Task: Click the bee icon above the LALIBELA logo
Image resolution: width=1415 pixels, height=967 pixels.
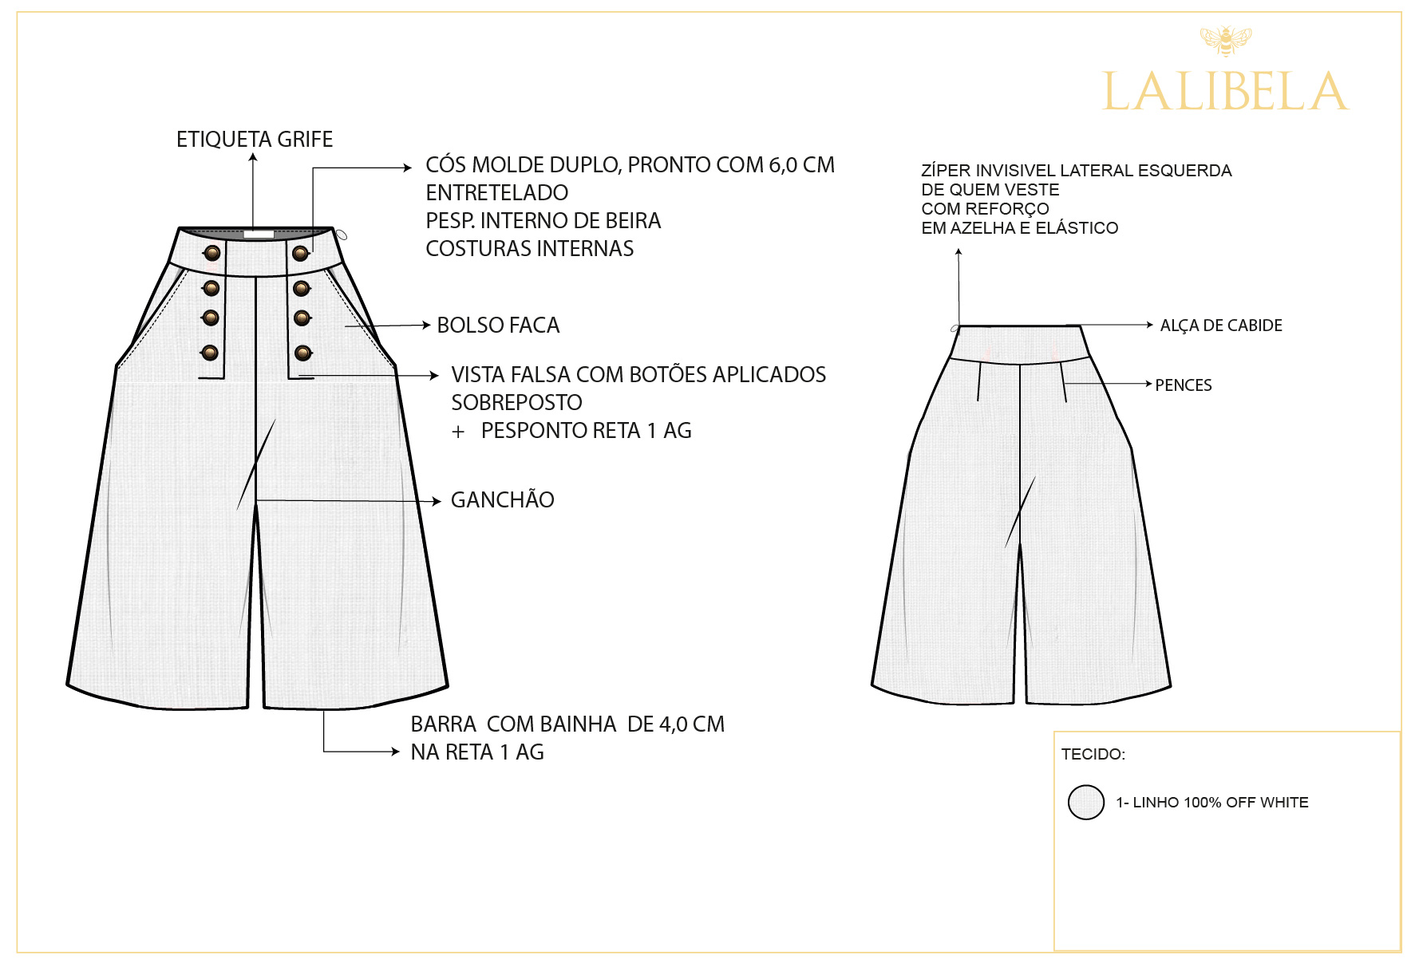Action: (x=1226, y=41)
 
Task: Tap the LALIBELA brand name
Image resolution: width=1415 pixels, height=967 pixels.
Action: (x=1226, y=92)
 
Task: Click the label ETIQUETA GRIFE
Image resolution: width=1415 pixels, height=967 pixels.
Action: (x=255, y=140)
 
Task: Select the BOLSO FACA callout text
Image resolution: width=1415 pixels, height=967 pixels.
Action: (x=498, y=326)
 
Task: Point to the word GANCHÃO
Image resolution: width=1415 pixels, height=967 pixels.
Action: (x=503, y=499)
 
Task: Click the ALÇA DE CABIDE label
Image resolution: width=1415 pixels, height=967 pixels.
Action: (x=1221, y=326)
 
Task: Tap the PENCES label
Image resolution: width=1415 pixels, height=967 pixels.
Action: (x=1184, y=385)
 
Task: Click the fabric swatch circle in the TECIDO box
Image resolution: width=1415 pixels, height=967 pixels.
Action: (x=1086, y=803)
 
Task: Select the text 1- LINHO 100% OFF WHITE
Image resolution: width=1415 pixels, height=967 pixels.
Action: (x=1212, y=803)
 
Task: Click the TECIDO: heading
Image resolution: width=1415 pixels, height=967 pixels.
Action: (x=1093, y=755)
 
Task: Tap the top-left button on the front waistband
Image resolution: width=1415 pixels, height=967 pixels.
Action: (x=212, y=254)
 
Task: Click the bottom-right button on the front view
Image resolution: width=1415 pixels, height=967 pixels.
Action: (x=303, y=353)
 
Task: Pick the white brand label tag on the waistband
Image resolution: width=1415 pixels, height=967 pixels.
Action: (x=259, y=235)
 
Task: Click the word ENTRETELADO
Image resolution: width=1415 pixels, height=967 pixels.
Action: (x=497, y=193)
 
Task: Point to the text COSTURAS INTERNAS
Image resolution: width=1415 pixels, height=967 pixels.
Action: (x=530, y=249)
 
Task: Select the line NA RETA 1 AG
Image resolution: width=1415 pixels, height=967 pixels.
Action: (x=477, y=752)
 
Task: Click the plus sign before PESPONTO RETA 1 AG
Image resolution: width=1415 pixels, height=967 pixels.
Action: (x=458, y=432)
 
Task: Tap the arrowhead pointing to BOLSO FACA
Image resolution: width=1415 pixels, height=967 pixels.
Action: (x=427, y=325)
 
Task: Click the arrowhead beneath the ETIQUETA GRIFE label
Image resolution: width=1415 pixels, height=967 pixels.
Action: (x=253, y=157)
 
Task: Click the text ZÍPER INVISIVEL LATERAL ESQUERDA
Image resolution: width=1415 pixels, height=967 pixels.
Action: (x=1077, y=171)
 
